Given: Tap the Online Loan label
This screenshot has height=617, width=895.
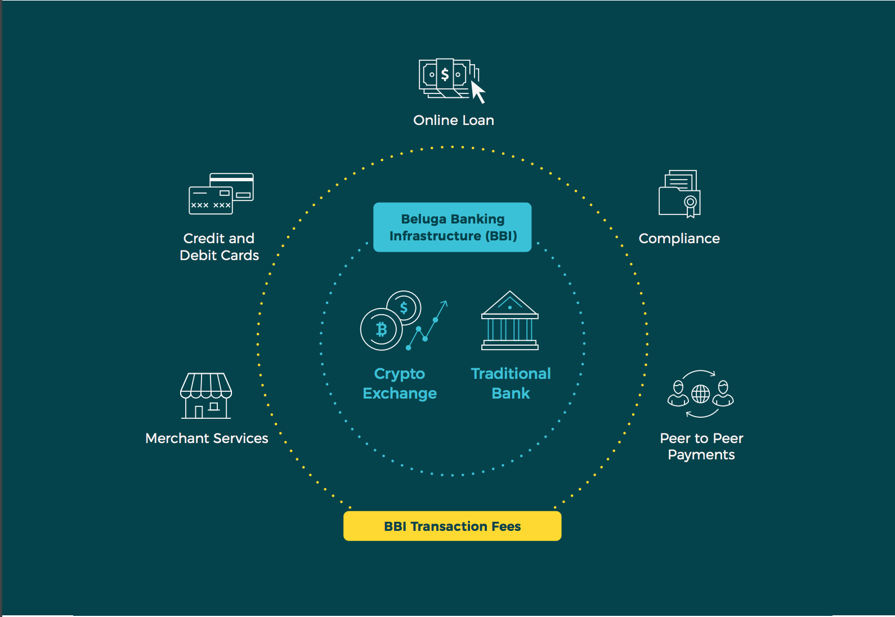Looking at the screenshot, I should (453, 120).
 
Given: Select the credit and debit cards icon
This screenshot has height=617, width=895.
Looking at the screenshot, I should (221, 194).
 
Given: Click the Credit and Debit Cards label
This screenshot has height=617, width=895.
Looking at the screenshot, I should (219, 247).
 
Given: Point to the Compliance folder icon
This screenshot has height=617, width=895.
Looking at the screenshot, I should (679, 194).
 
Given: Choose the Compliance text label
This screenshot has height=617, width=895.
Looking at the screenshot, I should (679, 238).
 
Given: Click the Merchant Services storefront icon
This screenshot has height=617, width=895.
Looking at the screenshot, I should (206, 396).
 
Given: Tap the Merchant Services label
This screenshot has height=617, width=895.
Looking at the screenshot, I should (207, 438).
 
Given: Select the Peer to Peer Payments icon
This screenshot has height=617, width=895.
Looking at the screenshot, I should (700, 394).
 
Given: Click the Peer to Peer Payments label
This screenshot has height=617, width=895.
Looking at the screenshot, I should (701, 446).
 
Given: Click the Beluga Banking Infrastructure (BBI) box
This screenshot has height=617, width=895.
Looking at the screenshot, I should (452, 227).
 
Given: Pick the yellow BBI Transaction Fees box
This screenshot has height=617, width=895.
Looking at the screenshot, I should (452, 526).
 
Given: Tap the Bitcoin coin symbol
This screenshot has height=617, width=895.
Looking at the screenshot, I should (382, 329).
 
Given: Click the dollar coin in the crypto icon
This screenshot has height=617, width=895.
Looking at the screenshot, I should (404, 307).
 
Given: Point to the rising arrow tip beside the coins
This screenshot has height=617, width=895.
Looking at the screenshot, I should (445, 302).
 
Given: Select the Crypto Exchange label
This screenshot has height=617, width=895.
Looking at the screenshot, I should (400, 383).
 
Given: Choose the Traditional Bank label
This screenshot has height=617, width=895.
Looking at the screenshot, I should (511, 383).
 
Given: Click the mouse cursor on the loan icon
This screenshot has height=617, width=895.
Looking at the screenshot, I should (478, 92).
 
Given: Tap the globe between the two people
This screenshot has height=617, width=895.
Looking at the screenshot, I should (700, 394).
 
